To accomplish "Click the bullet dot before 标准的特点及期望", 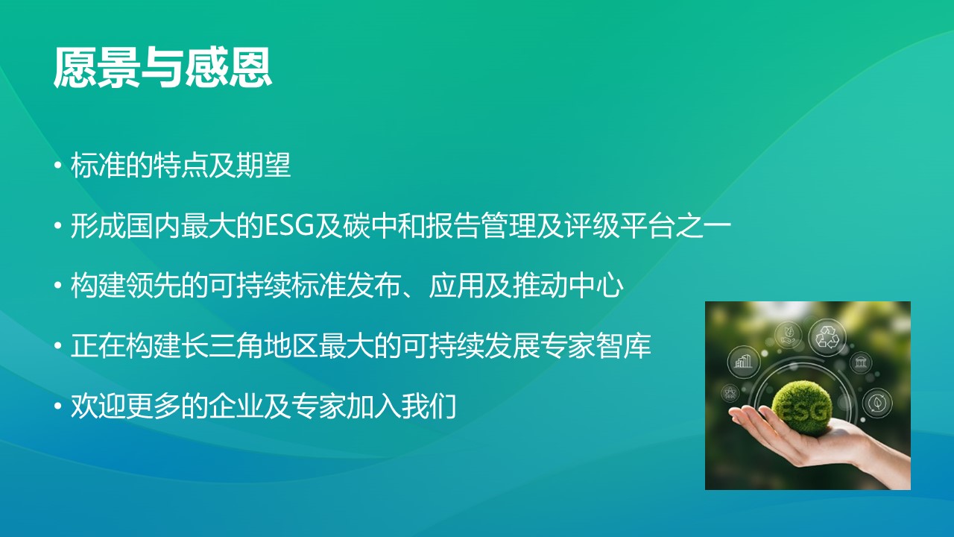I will [x=59, y=166].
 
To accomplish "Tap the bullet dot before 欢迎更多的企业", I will [x=59, y=407].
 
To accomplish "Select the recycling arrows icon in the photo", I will [x=827, y=336].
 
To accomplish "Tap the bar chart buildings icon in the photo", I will [x=743, y=362].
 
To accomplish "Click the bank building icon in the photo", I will [x=861, y=363].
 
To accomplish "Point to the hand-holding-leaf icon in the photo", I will [x=788, y=335].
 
